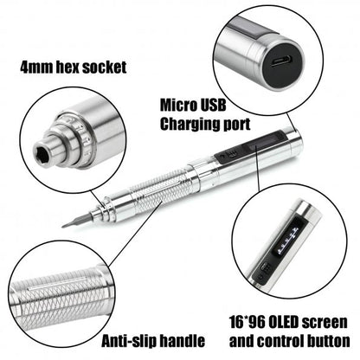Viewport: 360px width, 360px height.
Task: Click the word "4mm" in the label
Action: click(36, 67)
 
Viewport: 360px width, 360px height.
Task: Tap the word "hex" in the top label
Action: click(67, 67)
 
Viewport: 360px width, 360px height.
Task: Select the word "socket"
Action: click(105, 67)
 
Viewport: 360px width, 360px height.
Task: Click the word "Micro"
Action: click(177, 106)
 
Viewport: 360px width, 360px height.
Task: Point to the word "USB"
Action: click(211, 106)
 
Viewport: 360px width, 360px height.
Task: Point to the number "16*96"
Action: click(247, 322)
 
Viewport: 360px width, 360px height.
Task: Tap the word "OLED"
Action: click(284, 322)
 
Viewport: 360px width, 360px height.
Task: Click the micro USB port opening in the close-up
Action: click(282, 61)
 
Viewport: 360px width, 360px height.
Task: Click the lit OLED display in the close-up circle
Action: click(286, 240)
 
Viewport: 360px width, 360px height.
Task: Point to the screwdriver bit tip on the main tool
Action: click(62, 226)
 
